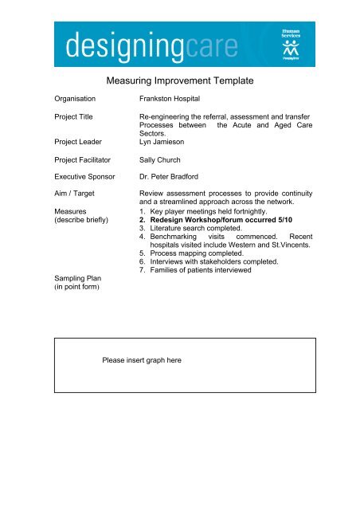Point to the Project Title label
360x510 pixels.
(x=76, y=116)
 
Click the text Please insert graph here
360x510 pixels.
(x=142, y=360)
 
